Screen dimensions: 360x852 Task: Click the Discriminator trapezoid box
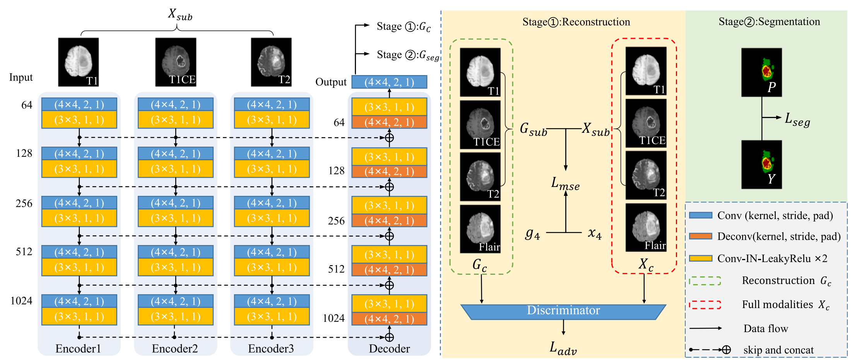[563, 311]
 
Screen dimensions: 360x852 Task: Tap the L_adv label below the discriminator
[563, 348]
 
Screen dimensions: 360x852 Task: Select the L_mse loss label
[565, 183]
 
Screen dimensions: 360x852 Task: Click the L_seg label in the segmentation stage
[797, 120]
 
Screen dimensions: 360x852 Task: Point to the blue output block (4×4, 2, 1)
[389, 82]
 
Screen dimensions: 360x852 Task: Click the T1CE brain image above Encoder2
[176, 62]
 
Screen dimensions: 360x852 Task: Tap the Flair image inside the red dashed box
[646, 228]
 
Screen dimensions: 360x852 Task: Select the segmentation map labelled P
[761, 72]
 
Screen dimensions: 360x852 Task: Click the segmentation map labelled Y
[761, 165]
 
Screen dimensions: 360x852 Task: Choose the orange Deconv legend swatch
[700, 236]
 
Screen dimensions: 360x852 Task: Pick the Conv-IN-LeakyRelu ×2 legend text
[772, 259]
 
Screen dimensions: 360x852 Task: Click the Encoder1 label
[78, 349]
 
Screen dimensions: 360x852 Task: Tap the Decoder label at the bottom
[389, 349]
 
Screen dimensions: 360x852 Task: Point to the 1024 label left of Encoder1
[21, 301]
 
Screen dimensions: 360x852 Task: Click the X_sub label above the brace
[180, 14]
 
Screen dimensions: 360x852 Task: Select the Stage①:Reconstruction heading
[576, 22]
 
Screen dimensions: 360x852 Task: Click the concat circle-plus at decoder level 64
[389, 137]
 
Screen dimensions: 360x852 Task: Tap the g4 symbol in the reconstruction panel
[532, 233]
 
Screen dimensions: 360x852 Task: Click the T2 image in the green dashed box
[480, 177]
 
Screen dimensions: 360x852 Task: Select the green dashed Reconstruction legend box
[705, 281]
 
